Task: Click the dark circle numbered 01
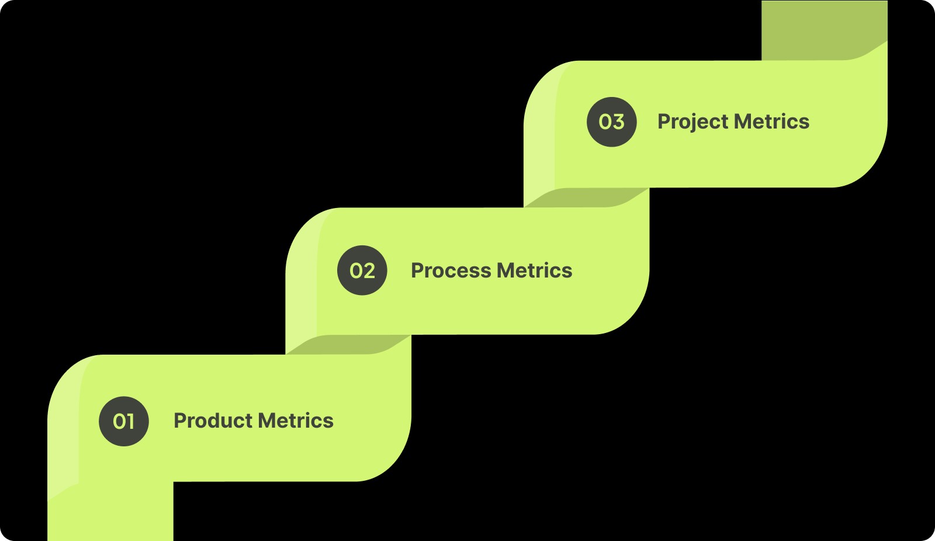123,421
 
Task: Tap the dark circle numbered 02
362,270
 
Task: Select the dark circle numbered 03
612,122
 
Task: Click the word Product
213,421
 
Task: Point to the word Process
451,270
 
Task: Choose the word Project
692,122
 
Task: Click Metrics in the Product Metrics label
296,421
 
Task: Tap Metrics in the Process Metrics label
535,270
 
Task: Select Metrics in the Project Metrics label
771,122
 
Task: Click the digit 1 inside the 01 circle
130,421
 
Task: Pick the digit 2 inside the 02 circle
369,270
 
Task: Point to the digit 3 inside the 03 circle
618,122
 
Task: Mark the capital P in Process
417,270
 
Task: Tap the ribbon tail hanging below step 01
111,514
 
